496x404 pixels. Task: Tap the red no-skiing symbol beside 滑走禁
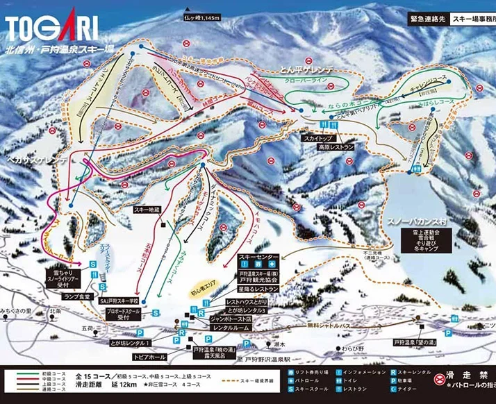pos(439,380)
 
